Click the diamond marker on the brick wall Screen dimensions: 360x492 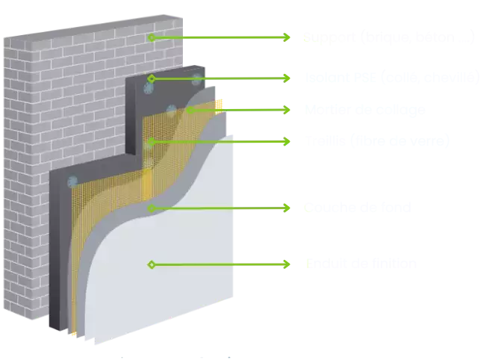(151, 37)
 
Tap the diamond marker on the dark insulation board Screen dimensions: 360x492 (151, 78)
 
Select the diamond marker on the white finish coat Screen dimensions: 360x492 (151, 264)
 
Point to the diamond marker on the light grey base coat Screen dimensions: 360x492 (151, 208)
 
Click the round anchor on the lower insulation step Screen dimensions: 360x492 (72, 180)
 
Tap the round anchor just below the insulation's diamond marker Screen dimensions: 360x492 (147, 88)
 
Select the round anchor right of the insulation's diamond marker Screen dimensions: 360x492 (197, 78)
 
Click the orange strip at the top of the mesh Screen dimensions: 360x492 (219, 103)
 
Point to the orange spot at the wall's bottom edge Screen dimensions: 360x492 (73, 335)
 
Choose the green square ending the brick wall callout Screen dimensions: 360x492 (287, 36)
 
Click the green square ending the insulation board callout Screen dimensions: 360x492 (287, 77)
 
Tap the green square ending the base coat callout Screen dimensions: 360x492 (287, 208)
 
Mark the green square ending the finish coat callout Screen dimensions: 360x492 (287, 262)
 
